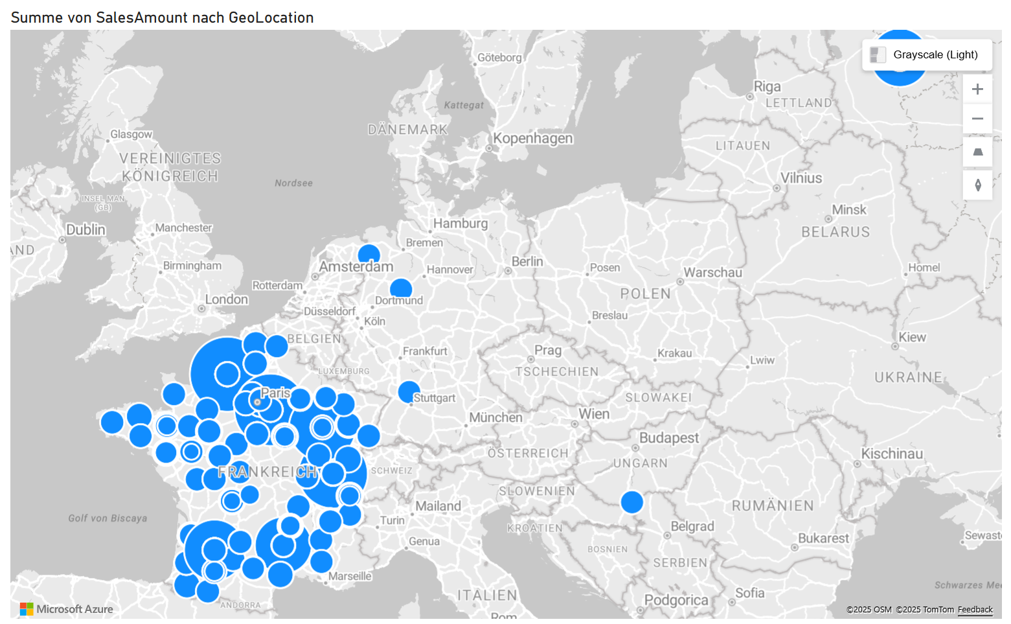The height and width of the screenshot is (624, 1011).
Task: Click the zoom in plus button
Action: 977,89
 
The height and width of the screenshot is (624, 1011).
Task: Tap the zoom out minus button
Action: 977,119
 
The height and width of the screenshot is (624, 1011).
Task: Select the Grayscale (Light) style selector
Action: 927,54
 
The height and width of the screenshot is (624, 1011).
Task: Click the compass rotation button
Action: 977,185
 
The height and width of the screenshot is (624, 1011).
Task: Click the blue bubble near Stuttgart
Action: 409,391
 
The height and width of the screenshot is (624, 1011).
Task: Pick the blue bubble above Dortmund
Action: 401,288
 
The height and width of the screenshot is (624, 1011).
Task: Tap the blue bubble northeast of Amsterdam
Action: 369,255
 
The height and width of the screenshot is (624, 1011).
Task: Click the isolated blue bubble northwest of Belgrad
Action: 631,502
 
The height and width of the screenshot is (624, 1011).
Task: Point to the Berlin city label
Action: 527,262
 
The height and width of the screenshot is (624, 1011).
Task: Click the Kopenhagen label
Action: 533,139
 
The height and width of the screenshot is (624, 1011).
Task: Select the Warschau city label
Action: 712,273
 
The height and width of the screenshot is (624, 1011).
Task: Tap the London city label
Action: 227,299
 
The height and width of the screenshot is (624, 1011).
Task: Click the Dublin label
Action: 85,230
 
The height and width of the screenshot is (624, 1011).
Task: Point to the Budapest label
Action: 669,438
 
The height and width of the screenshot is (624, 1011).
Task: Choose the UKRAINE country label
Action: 908,378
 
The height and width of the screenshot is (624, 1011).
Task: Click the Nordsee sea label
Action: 293,183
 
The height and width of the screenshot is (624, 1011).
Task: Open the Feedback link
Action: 975,610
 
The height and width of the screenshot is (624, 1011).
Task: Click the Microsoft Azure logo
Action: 67,609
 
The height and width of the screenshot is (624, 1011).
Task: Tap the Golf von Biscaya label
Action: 108,518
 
